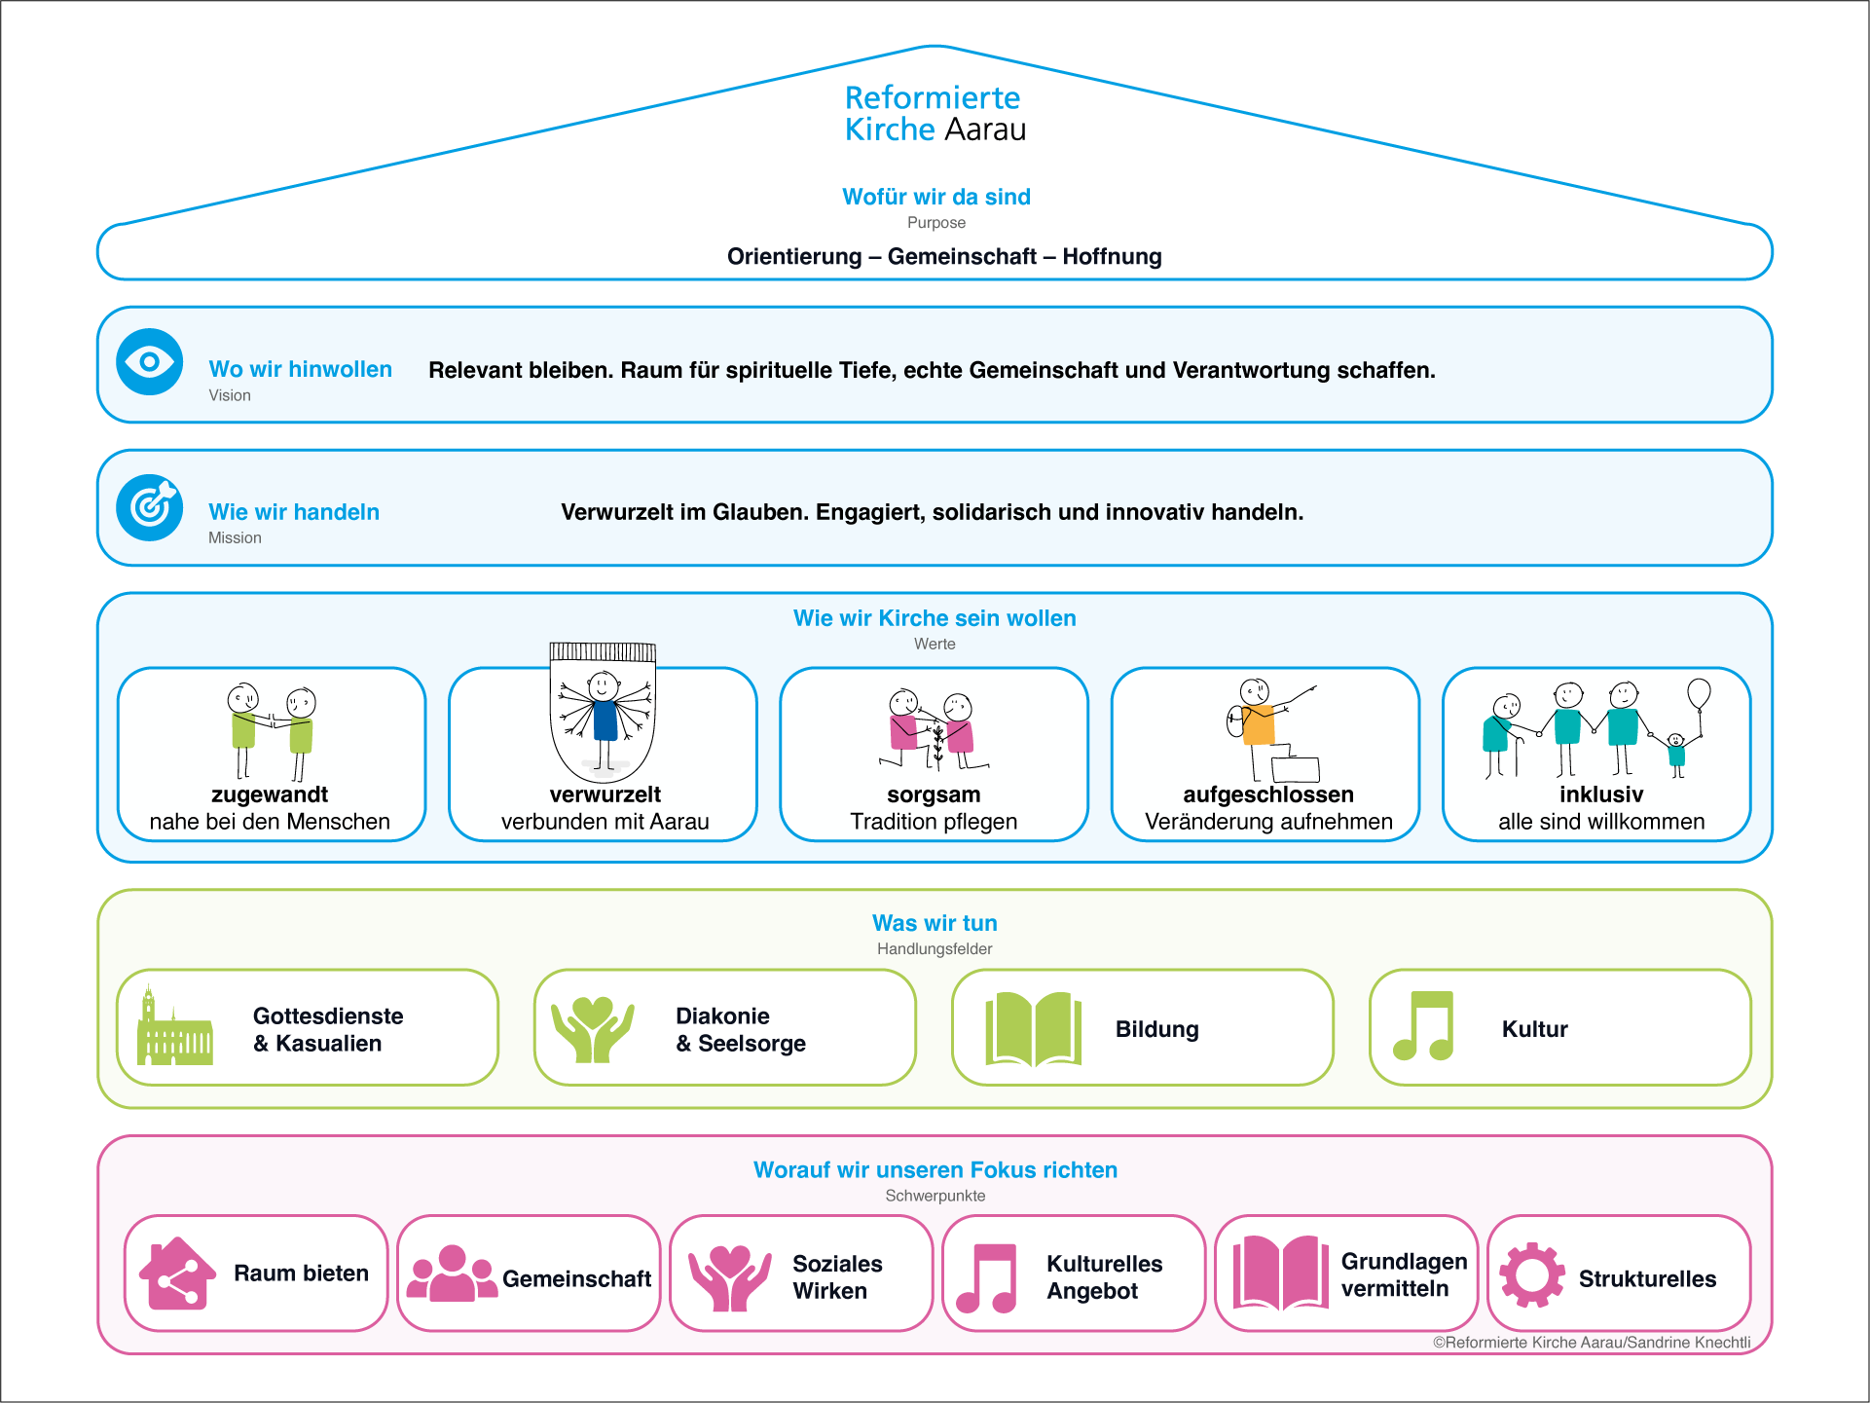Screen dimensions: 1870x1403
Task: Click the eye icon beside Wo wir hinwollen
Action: point(149,362)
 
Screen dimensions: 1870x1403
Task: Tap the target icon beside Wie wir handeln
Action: point(149,507)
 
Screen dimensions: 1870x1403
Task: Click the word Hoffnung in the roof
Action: point(1112,256)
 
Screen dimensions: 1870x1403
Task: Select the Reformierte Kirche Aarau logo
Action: point(935,114)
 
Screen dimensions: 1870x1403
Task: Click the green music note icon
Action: point(1423,1026)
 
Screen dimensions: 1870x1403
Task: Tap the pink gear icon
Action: point(1532,1274)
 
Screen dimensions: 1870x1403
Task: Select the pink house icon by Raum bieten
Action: point(177,1274)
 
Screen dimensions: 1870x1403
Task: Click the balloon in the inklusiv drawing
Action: point(1699,693)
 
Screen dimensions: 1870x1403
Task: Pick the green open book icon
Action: point(1034,1029)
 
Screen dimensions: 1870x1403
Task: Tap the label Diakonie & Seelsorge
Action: point(741,1029)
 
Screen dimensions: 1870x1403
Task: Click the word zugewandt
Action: point(270,794)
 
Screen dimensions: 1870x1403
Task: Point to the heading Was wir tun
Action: point(935,923)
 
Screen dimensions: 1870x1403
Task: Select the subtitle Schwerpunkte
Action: point(935,1196)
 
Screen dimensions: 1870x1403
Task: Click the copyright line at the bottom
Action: point(1592,1343)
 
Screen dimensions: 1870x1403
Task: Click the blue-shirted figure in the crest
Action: point(605,720)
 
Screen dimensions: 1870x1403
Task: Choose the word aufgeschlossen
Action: point(1268,794)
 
